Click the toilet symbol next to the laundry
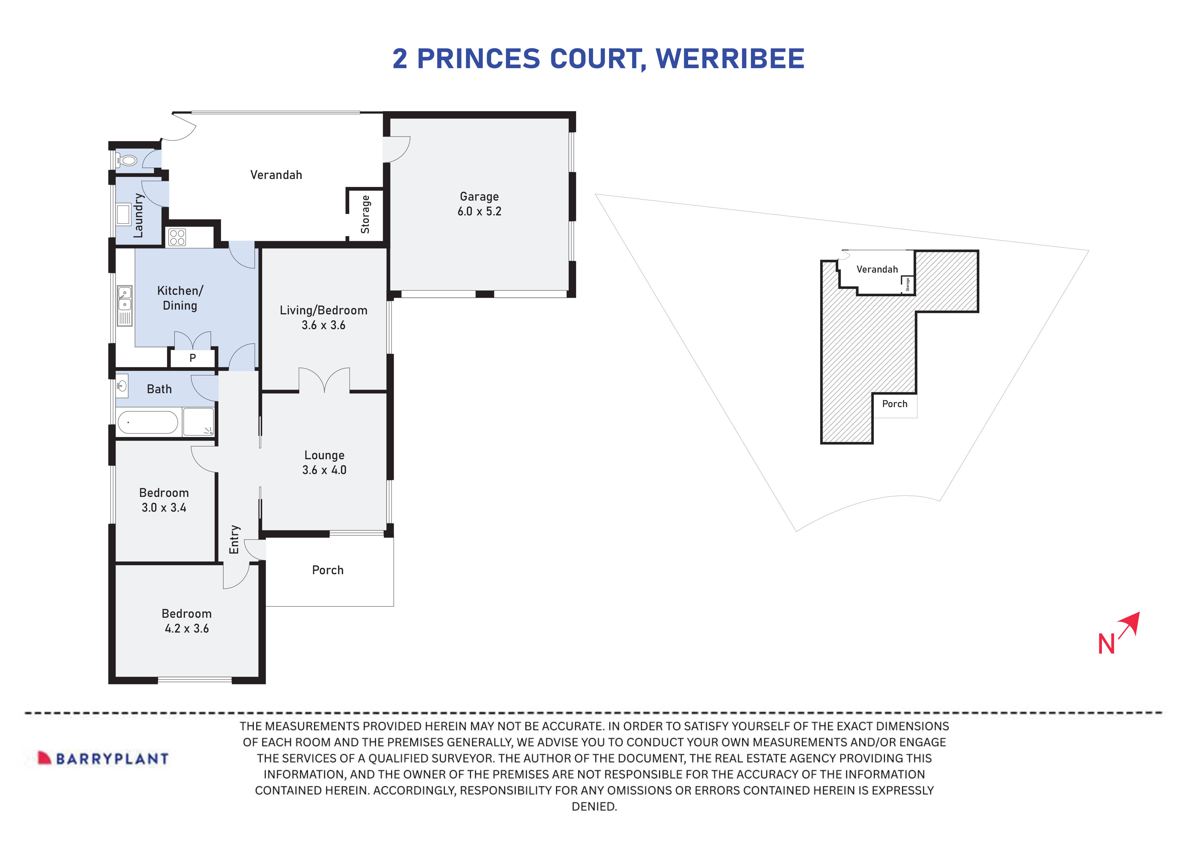pyautogui.click(x=127, y=160)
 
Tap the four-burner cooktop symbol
pyautogui.click(x=177, y=237)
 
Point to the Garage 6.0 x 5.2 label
pyautogui.click(x=479, y=204)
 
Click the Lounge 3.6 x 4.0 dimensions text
pyautogui.click(x=324, y=470)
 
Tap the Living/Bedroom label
pyautogui.click(x=323, y=310)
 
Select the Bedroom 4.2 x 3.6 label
pyautogui.click(x=187, y=621)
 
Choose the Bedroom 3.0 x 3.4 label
pyautogui.click(x=164, y=500)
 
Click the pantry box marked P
pyautogui.click(x=192, y=358)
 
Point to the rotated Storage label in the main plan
pyautogui.click(x=365, y=215)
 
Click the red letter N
pyautogui.click(x=1106, y=644)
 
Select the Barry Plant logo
pyautogui.click(x=103, y=758)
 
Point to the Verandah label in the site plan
pyautogui.click(x=877, y=269)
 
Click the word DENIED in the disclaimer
pyautogui.click(x=593, y=806)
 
